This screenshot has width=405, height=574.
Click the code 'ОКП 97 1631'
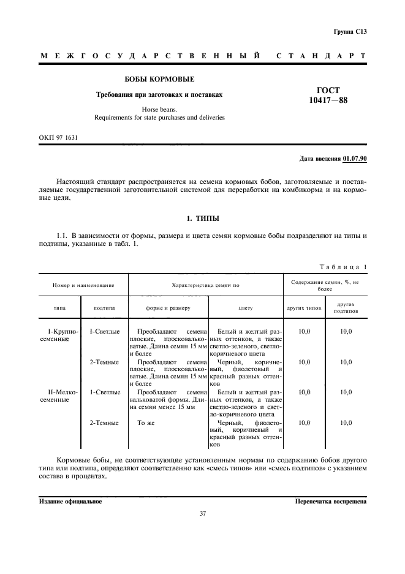coord(59,138)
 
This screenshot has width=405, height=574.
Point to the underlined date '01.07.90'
coord(354,159)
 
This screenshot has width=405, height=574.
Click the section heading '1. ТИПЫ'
coord(202,218)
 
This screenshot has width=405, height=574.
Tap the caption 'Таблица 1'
coord(343,267)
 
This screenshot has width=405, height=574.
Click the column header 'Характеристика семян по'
coord(205,286)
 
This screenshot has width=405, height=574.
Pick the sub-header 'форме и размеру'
coord(168,308)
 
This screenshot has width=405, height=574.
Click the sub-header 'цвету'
coord(245,308)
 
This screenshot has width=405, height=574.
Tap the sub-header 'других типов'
coord(304,308)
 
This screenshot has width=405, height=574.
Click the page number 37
coord(202,513)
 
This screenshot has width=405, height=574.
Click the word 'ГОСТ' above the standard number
coord(329,90)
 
